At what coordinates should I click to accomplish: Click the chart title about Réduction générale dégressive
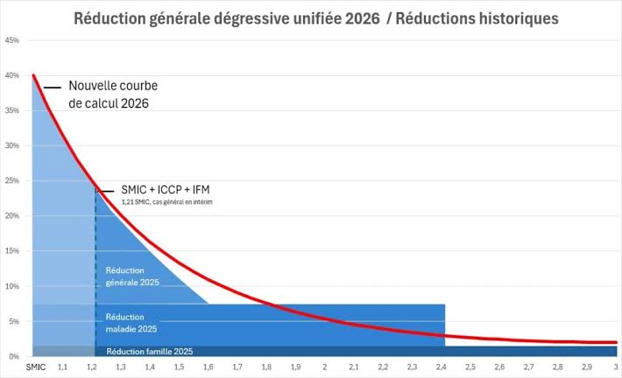tap(316, 18)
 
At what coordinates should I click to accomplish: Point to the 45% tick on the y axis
tap(12, 40)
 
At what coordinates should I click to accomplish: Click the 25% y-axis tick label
tap(12, 180)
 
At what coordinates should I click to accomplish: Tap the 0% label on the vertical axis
tap(14, 356)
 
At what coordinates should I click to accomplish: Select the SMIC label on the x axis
tap(36, 367)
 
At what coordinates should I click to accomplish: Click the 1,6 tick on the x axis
tap(209, 367)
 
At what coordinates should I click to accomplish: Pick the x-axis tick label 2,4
tap(442, 367)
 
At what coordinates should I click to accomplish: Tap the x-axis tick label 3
tap(616, 367)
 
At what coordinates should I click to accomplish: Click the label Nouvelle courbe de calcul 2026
tap(113, 94)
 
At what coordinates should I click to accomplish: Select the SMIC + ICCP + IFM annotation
tap(166, 190)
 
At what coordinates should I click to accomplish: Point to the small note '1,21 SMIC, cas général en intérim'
tap(167, 202)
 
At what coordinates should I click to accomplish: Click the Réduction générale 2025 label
tap(132, 276)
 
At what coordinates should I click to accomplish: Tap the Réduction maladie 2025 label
tap(131, 323)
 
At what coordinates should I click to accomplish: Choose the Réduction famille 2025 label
tap(150, 352)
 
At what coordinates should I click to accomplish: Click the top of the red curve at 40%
tap(33, 75)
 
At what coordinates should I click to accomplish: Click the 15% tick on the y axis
tap(12, 251)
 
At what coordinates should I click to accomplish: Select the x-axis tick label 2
tap(324, 367)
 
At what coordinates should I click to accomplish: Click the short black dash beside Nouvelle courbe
tap(53, 87)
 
